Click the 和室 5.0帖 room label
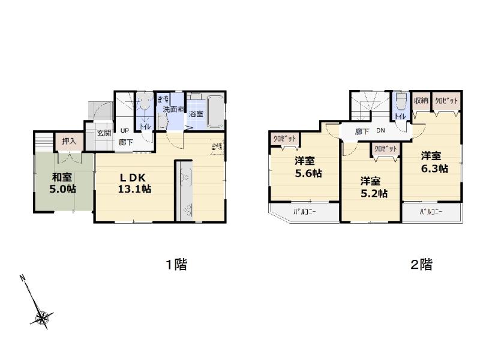[63, 182]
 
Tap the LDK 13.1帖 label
[134, 182]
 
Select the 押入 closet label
[69, 141]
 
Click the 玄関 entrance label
[103, 133]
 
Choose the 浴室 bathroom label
[196, 113]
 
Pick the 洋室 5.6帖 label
[307, 167]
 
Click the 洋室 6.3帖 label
[433, 161]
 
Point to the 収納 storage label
[421, 100]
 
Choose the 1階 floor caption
[176, 265]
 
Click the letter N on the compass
[22, 278]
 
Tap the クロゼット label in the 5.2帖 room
[385, 148]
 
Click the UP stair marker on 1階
[125, 131]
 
